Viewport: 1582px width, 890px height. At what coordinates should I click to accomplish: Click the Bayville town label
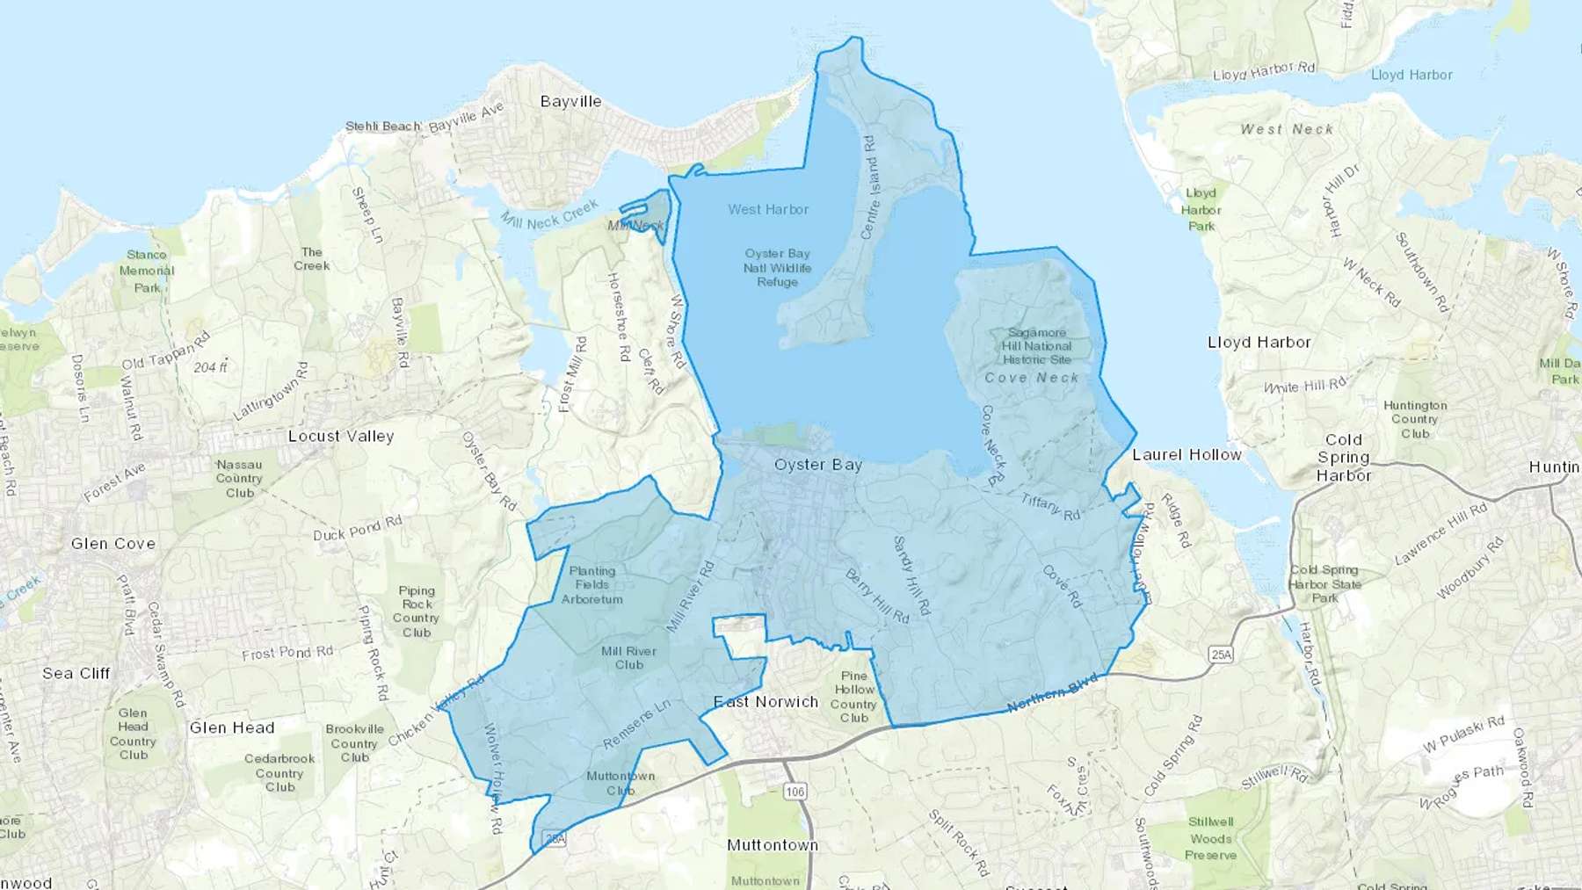click(x=570, y=101)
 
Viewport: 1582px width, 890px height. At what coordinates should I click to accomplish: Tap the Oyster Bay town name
click(x=817, y=465)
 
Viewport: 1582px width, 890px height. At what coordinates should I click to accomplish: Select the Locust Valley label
click(x=341, y=436)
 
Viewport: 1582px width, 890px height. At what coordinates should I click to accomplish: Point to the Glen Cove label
click(x=113, y=544)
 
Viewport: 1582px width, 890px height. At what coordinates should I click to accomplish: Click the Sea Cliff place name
click(x=76, y=673)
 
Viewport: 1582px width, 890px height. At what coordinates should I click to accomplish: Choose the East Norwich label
click(x=766, y=701)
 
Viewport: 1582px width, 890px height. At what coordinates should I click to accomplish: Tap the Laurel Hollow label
click(x=1186, y=454)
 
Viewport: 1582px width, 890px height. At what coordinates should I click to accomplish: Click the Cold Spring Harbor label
click(x=1343, y=458)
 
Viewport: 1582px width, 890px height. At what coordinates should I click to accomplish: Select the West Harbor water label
click(x=768, y=209)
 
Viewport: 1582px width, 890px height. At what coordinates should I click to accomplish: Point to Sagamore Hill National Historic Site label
click(x=1037, y=346)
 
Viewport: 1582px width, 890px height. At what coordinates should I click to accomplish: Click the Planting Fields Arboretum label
click(x=592, y=585)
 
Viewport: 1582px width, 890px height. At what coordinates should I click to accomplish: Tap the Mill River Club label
click(x=628, y=658)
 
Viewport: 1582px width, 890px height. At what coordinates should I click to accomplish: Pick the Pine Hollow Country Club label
click(x=853, y=697)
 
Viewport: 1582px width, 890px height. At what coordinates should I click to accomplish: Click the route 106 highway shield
click(x=795, y=792)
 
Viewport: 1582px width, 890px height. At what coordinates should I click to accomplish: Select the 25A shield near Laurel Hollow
click(x=1221, y=655)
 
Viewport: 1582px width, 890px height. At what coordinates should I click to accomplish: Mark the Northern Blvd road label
click(x=1052, y=694)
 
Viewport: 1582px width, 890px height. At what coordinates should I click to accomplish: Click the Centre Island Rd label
click(x=868, y=187)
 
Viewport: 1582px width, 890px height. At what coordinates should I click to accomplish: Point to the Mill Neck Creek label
click(x=549, y=214)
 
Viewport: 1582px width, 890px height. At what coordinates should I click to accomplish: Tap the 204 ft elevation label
click(x=210, y=367)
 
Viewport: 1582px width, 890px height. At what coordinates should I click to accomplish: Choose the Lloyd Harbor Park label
click(x=1201, y=209)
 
